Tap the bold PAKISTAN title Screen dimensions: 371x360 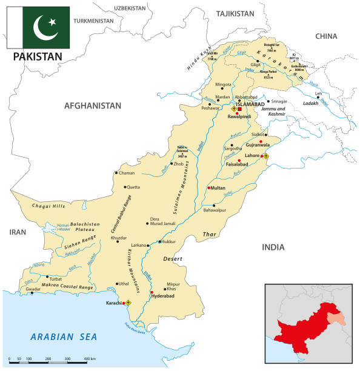point(36,56)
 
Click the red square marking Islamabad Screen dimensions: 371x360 point(239,109)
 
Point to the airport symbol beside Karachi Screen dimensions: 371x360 point(128,302)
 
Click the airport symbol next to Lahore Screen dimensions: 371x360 point(265,156)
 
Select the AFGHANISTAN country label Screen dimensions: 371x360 point(93,105)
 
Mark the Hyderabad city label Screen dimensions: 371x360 point(162,298)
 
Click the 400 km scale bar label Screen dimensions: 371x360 point(89,360)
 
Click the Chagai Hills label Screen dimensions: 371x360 point(50,206)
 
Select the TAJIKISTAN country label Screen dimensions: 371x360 point(235,13)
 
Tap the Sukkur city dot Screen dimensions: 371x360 point(159,241)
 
